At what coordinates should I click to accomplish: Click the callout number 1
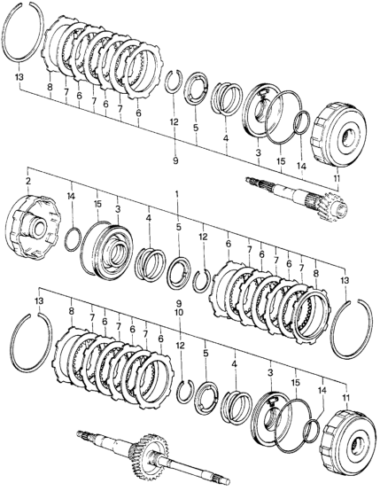[x=177, y=194]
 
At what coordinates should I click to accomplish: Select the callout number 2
[x=28, y=181]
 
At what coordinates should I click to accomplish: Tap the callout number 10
[x=179, y=313]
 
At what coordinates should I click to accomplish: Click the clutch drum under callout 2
[x=34, y=227]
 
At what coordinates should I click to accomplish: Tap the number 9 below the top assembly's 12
[x=175, y=160]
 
